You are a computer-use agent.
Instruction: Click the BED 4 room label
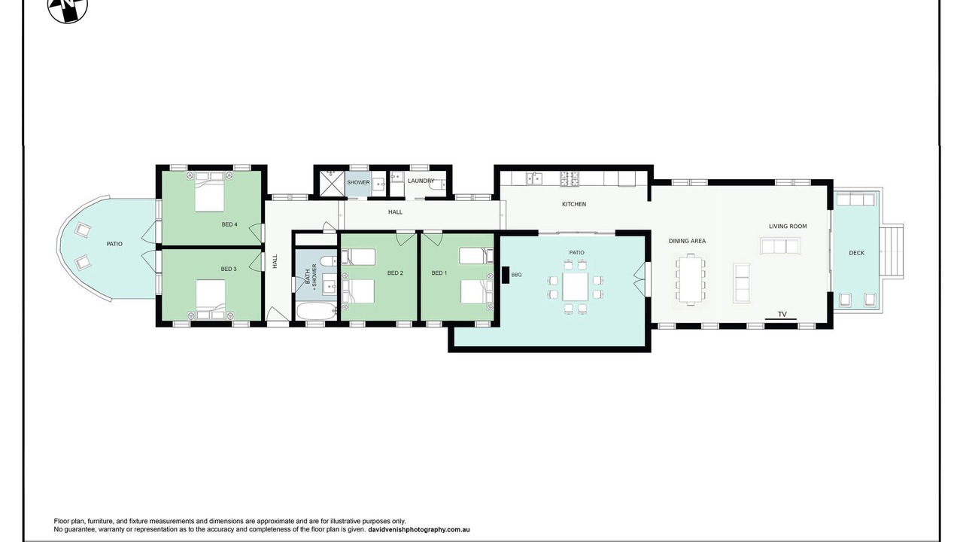coord(229,224)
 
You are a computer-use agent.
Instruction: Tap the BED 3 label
coord(229,269)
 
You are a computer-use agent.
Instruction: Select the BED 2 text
coord(395,273)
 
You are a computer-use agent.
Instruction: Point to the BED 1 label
coord(439,273)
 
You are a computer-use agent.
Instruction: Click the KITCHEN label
coord(574,204)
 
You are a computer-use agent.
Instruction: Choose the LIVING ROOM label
coord(788,226)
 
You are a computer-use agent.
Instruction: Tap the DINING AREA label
coord(687,241)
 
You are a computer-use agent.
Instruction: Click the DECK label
coord(856,253)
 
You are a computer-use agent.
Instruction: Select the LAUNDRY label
coord(421,181)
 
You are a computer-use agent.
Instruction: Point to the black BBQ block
coord(506,275)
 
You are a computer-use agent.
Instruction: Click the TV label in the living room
coord(782,315)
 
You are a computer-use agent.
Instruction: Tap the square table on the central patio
coord(575,287)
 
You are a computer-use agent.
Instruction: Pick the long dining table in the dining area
coord(691,279)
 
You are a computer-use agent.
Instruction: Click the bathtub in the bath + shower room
coord(317,311)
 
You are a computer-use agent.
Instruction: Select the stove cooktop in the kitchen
coord(570,178)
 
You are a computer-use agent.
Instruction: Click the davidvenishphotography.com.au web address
coord(419,529)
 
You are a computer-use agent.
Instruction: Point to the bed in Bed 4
coord(209,192)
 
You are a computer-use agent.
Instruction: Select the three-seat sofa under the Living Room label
coord(779,246)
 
